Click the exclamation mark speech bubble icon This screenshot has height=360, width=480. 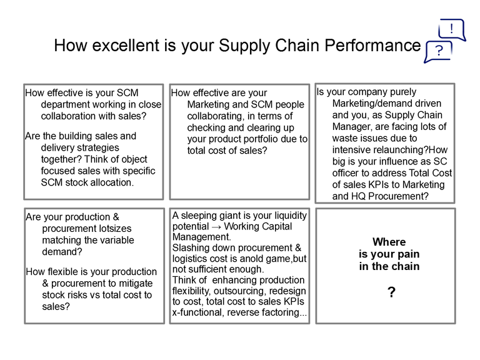point(452,30)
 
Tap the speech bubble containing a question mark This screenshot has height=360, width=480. point(438,52)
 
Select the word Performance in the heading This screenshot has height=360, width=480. point(372,45)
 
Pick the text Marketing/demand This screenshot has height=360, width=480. point(387,104)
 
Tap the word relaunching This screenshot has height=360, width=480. point(396,150)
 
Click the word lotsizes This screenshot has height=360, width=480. point(115,228)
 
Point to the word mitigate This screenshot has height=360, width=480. point(136,284)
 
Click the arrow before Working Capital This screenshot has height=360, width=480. point(216,227)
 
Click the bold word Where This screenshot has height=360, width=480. point(389,242)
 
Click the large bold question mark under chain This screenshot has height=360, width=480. point(391,292)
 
